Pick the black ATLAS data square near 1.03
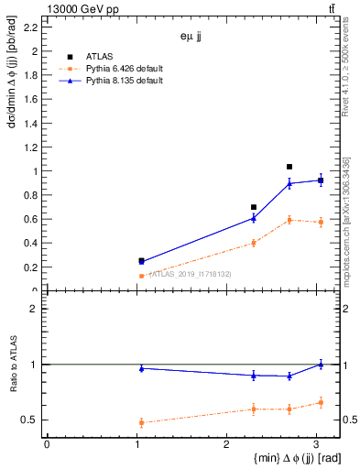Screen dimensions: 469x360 pos(141,260)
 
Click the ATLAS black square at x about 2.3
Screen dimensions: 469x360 pos(254,207)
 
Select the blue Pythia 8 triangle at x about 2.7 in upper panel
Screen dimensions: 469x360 pos(289,183)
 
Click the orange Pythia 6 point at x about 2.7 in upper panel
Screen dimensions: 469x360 pos(289,220)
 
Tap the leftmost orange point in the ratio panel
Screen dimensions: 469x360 pos(141,422)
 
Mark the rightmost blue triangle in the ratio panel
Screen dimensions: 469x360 pos(321,364)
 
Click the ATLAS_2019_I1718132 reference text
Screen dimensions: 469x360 pos(191,273)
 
